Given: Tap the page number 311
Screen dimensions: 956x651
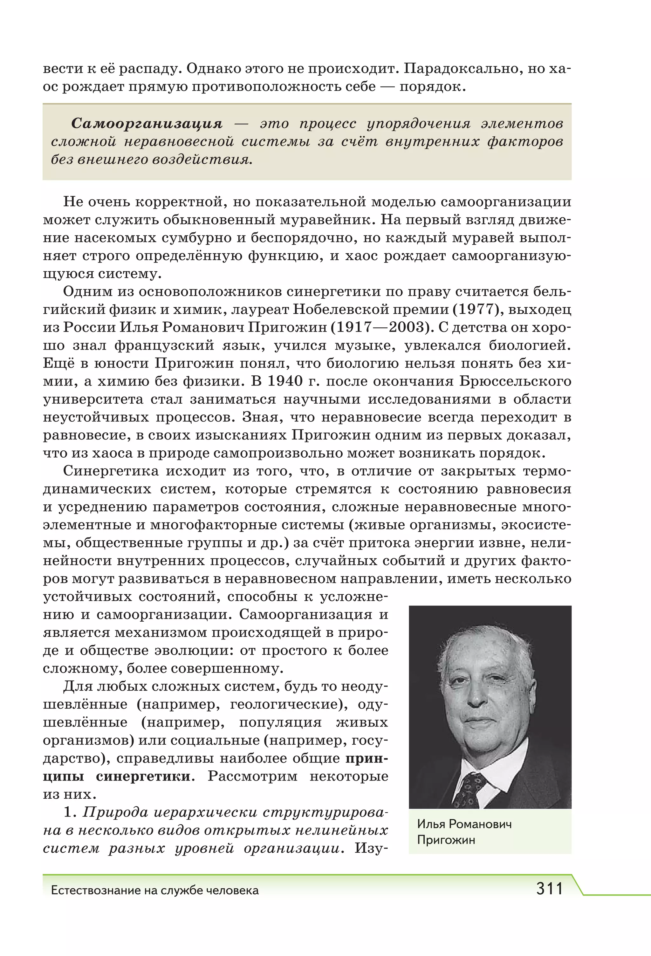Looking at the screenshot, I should pos(549,889).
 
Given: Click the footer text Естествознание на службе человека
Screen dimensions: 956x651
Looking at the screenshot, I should pos(155,891).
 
